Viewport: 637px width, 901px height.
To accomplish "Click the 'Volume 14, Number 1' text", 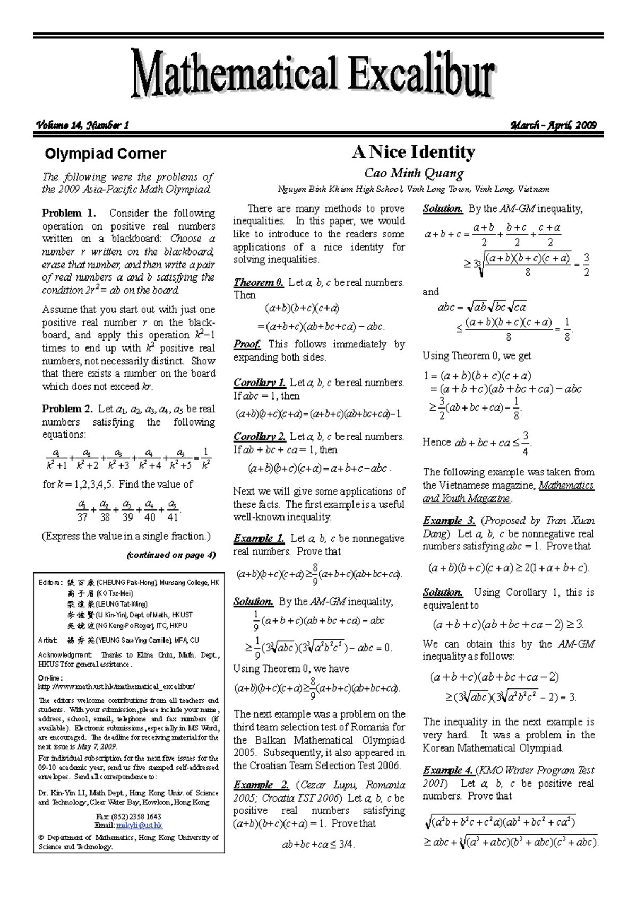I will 82,125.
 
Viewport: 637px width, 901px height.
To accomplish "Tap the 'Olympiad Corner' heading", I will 105,154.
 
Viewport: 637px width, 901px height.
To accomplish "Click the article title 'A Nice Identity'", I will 413,152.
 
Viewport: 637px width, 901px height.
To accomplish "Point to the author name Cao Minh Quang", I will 414,173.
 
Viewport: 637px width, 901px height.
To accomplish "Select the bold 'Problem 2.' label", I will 68,409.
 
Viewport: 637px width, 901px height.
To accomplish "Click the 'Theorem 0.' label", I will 259,283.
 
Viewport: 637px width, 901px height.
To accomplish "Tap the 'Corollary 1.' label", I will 260,382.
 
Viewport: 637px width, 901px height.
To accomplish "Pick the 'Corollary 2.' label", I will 260,437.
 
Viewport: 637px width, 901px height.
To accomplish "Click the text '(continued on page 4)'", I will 171,555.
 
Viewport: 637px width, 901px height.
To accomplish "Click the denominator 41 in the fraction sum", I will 173,517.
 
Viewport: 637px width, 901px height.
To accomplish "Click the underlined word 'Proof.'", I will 247,344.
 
